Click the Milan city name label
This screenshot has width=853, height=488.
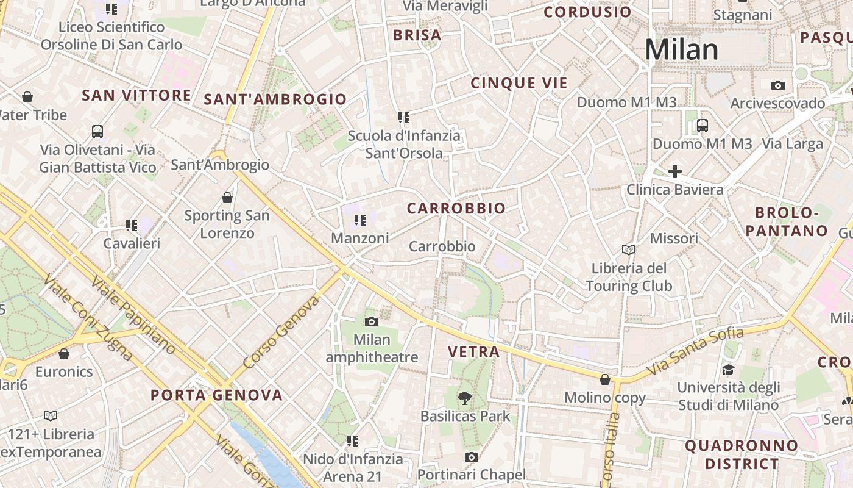tap(681, 49)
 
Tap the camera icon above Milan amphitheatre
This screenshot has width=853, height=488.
tap(371, 321)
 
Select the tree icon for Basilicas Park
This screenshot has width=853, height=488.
tap(465, 398)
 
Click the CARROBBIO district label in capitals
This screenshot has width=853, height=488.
tap(456, 209)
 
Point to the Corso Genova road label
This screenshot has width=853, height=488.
tap(281, 332)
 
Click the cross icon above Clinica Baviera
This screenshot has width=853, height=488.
tap(674, 171)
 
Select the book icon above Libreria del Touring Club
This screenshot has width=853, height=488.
tap(628, 249)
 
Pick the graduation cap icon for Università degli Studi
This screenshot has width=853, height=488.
tap(728, 370)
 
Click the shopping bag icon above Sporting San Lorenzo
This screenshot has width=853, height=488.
tap(227, 198)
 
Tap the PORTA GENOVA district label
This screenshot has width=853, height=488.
tap(216, 395)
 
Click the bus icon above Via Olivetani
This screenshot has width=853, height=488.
tap(97, 131)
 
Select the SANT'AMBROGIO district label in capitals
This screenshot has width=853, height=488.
tap(275, 99)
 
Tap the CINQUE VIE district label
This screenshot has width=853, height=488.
tap(519, 84)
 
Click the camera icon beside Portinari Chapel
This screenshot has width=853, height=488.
tap(471, 457)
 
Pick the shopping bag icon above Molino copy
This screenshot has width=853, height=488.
tap(604, 379)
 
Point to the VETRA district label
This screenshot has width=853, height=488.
tap(473, 352)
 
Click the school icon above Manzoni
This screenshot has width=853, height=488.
tap(359, 220)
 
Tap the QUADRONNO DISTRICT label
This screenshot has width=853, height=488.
tap(742, 454)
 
